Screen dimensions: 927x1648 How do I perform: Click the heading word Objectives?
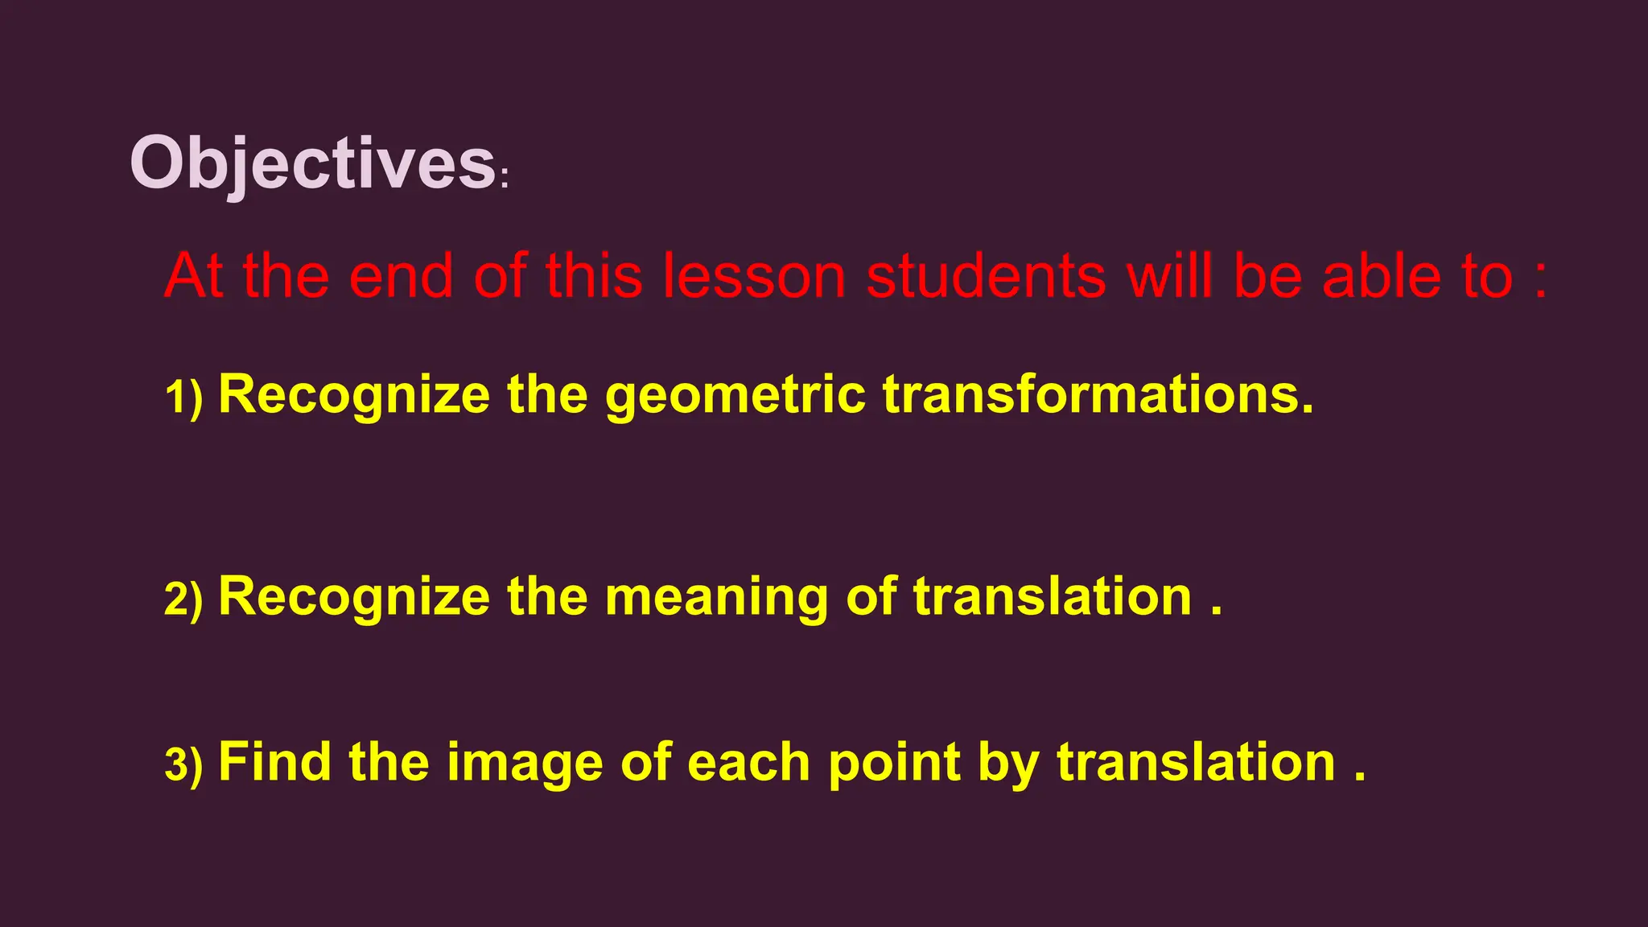pos(312,163)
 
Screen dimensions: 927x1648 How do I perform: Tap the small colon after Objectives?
pos(505,179)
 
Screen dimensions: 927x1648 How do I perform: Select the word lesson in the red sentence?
pos(754,276)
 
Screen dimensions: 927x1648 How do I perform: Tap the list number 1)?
pos(183,398)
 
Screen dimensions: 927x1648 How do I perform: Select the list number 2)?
pos(183,599)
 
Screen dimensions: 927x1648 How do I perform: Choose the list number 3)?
pos(183,764)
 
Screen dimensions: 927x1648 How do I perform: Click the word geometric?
pos(735,396)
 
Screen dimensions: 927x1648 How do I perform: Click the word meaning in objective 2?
pos(716,598)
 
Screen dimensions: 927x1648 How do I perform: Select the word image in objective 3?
pos(525,763)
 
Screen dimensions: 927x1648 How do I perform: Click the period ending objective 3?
pos(1360,777)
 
